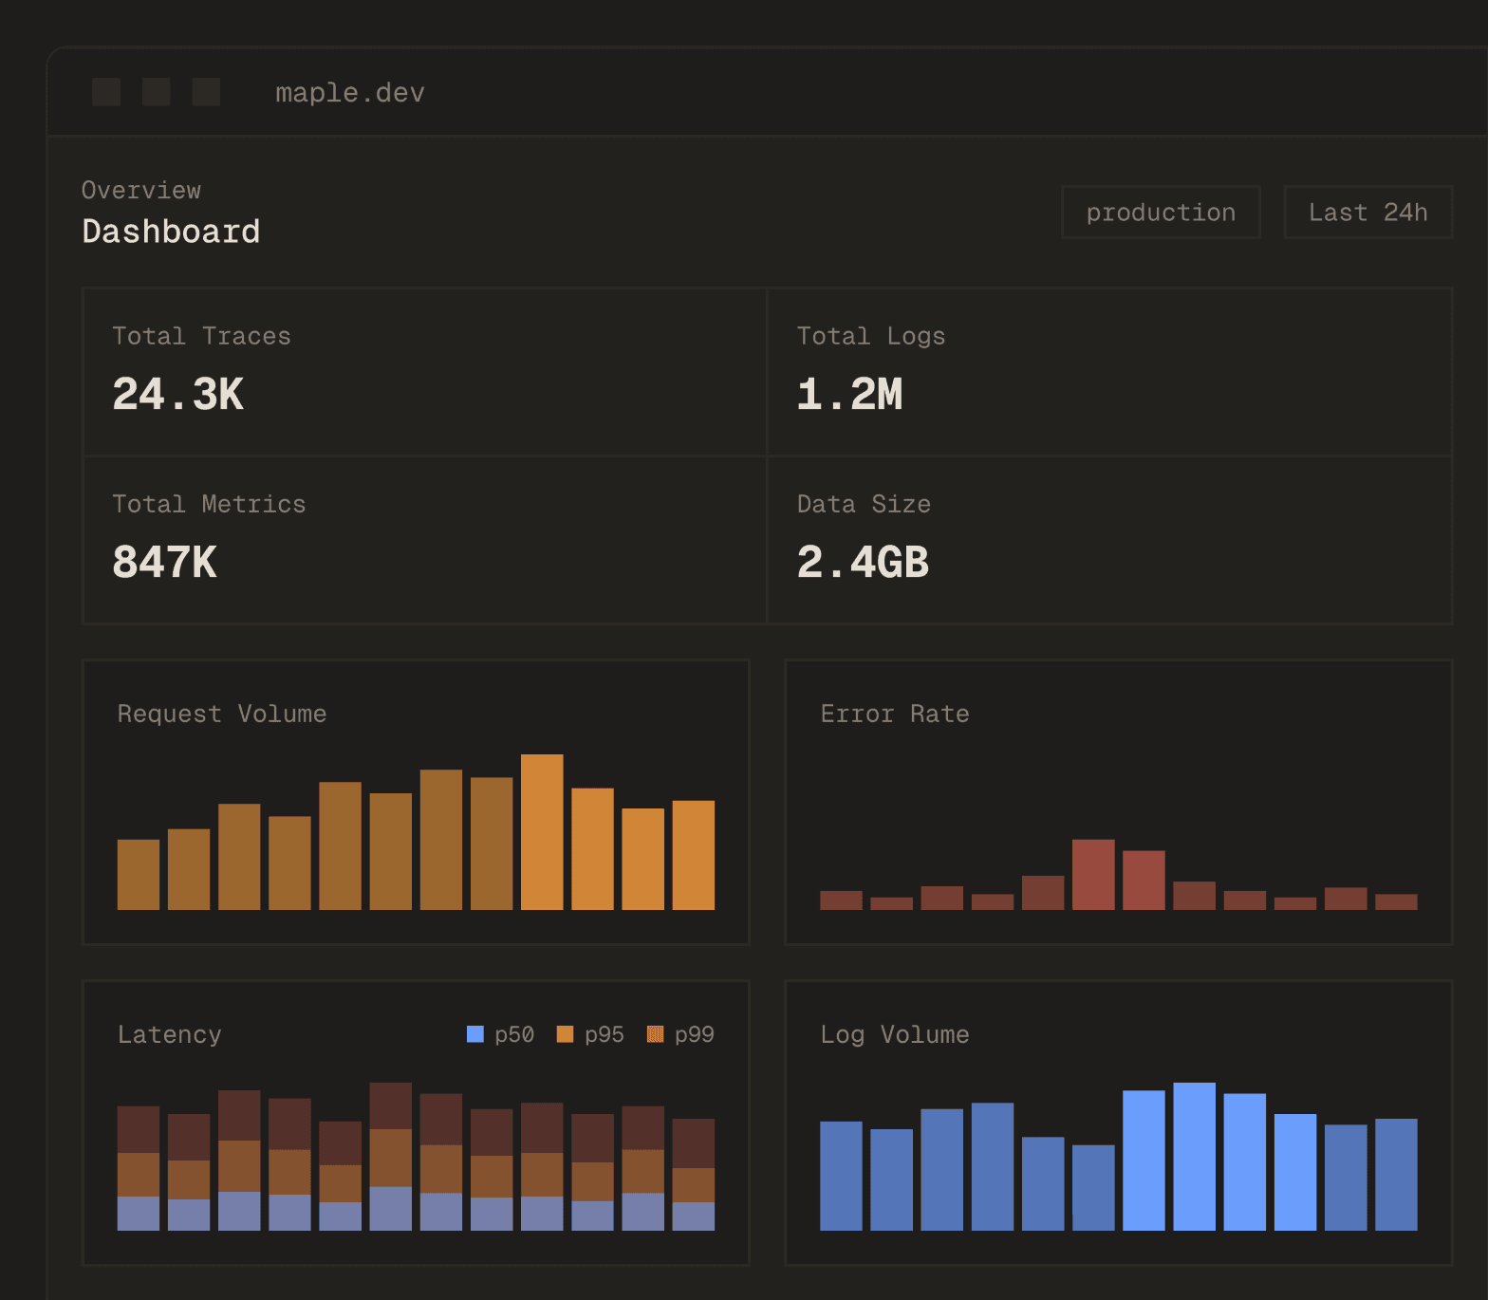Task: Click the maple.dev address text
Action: [x=349, y=93]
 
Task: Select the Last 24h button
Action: [x=1367, y=213]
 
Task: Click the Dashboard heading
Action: [x=171, y=232]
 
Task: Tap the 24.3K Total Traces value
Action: [x=178, y=395]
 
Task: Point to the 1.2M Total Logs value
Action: [x=849, y=395]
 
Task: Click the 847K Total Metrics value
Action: [x=165, y=562]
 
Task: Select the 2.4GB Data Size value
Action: [x=863, y=562]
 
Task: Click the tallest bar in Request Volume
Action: [x=542, y=832]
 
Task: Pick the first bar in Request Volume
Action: [x=139, y=875]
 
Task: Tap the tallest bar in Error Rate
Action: [x=1093, y=875]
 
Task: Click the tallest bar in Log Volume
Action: [x=1194, y=1156]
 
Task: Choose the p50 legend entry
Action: [x=501, y=1034]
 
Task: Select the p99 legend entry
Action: [x=681, y=1034]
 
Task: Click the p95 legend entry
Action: [x=591, y=1034]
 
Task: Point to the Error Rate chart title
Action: [x=894, y=714]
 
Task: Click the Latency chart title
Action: [x=169, y=1034]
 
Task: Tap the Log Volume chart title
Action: [x=894, y=1034]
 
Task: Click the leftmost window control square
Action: [x=106, y=92]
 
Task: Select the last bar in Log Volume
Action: [x=1396, y=1175]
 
